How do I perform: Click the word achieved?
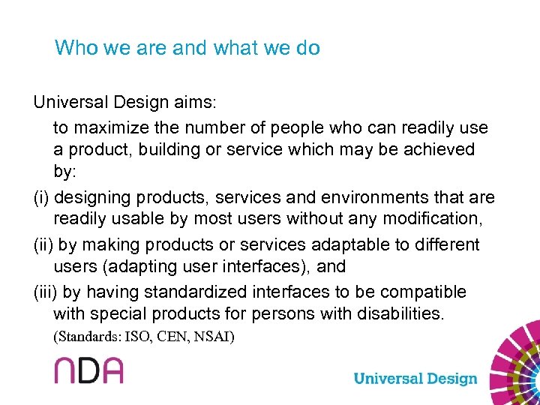[438, 149]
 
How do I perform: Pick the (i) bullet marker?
[41, 197]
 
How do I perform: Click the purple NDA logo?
[88, 370]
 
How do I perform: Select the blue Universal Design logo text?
[415, 379]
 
